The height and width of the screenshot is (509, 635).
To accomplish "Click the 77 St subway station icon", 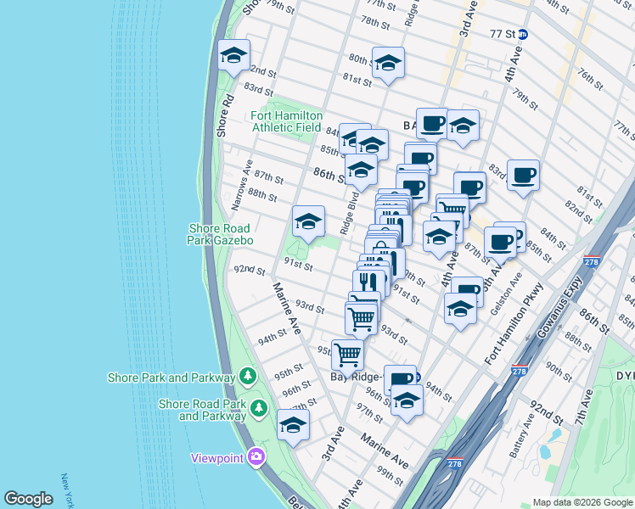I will tap(523, 35).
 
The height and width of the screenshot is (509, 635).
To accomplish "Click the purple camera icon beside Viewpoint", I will tap(256, 458).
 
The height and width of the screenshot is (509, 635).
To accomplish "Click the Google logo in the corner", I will tap(28, 499).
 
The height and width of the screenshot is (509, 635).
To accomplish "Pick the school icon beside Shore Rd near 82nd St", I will tap(233, 57).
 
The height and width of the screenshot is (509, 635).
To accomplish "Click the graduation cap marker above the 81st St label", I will tap(388, 64).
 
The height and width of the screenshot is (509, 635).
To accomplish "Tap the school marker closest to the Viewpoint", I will tap(293, 426).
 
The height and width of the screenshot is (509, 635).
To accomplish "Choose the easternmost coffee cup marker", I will tap(523, 176).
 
